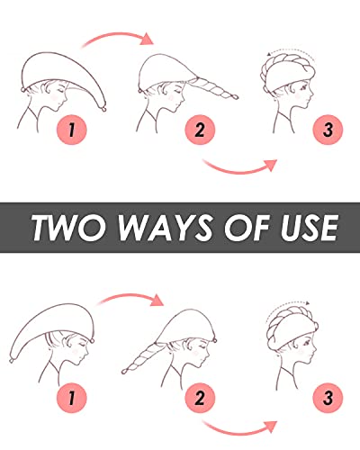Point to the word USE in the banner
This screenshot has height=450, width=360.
[x=309, y=228]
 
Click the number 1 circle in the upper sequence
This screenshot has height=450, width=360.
[x=72, y=130]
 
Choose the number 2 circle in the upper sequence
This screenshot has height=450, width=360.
[x=200, y=130]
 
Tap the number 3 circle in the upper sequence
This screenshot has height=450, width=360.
[x=328, y=130]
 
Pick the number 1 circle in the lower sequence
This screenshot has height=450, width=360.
[x=72, y=398]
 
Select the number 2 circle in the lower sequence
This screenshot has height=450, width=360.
[x=200, y=398]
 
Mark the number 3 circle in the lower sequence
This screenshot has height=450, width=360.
[x=328, y=398]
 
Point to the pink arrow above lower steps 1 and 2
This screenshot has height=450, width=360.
[x=129, y=296]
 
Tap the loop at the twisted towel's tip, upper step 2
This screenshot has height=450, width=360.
[x=234, y=97]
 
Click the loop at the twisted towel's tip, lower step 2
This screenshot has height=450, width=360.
[x=124, y=372]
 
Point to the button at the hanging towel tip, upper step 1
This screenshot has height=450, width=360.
[x=103, y=109]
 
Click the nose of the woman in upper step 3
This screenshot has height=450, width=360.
[x=312, y=94]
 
